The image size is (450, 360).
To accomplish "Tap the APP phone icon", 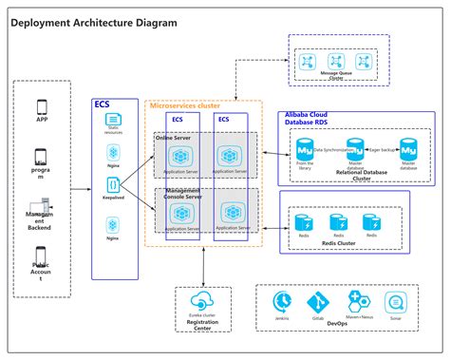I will click(x=41, y=106).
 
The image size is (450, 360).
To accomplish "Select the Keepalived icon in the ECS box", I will click(x=113, y=185).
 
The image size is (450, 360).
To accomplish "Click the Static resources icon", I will click(x=113, y=122).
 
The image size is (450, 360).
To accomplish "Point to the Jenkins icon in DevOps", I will click(x=282, y=301).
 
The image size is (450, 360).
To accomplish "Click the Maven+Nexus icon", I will click(x=358, y=301).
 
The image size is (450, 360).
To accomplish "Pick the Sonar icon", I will click(x=397, y=301).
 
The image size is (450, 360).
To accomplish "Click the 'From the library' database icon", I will click(x=306, y=151).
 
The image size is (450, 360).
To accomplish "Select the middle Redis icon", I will click(x=337, y=221).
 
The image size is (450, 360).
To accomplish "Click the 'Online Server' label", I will click(x=175, y=137).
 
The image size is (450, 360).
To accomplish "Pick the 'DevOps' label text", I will click(x=339, y=324).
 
